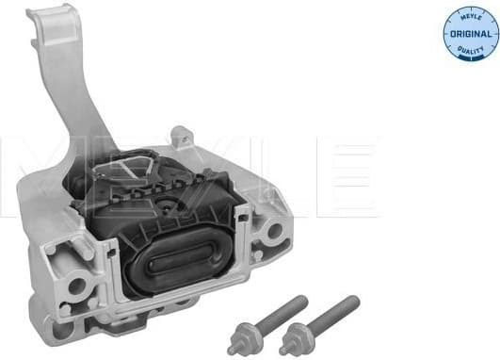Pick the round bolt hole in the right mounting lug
pos(273,227)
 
